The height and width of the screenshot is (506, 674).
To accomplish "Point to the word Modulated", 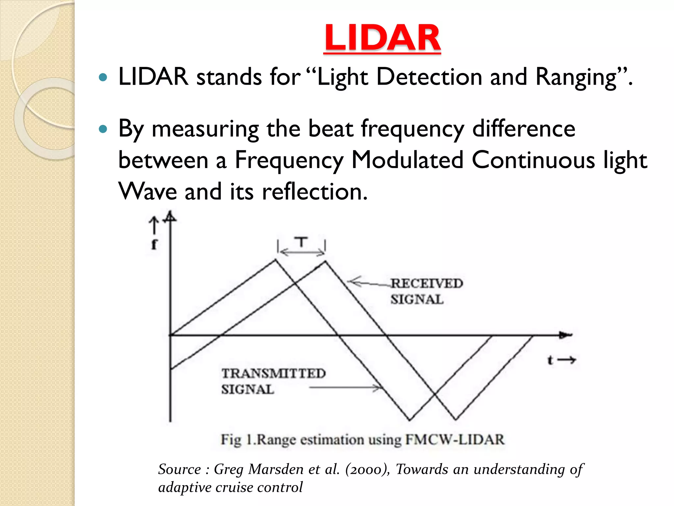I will click(x=407, y=160).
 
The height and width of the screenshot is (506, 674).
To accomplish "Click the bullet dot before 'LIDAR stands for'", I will click(x=103, y=77).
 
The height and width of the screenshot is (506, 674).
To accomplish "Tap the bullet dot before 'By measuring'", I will click(x=103, y=129).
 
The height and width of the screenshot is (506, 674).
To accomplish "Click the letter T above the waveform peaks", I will click(x=301, y=242).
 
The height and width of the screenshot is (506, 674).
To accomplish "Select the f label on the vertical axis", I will click(x=154, y=244).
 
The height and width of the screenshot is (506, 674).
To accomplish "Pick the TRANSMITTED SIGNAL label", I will click(x=273, y=381).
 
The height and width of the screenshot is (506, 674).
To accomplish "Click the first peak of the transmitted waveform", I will click(x=276, y=260).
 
